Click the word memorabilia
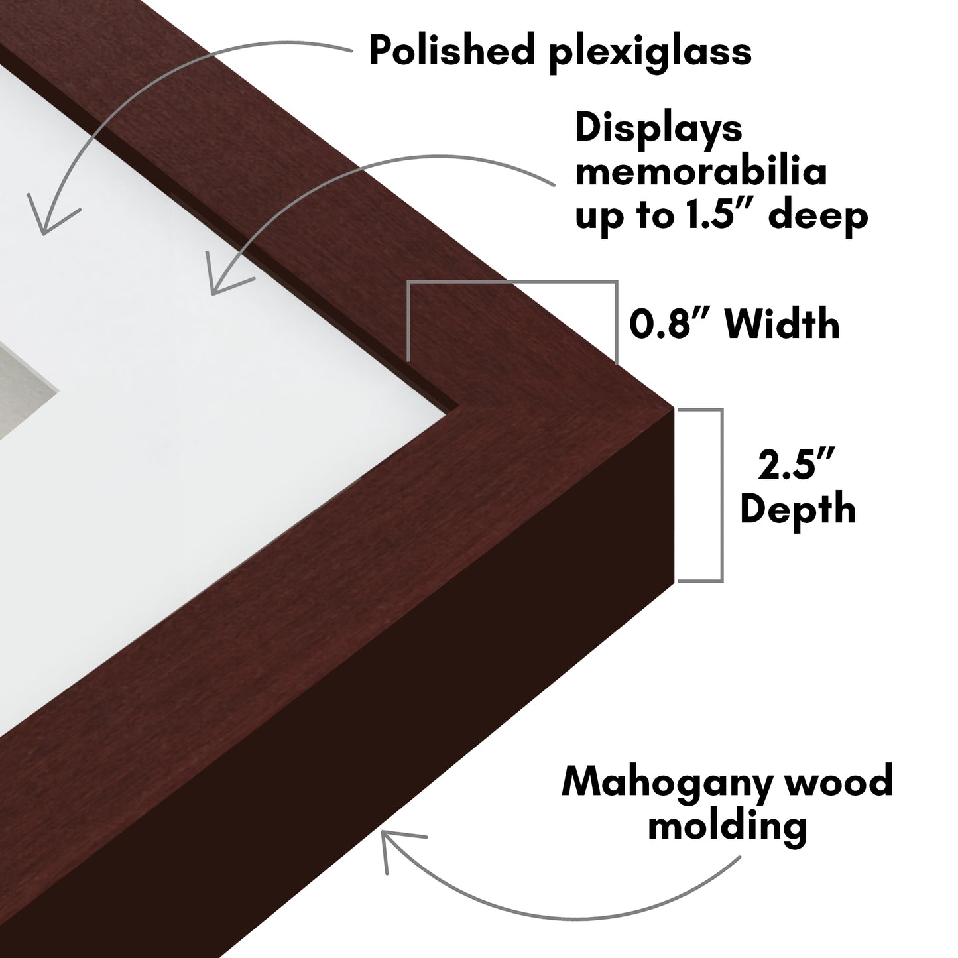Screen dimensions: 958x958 [x=701, y=172]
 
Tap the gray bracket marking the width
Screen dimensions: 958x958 [x=512, y=282]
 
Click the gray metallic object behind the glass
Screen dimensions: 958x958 [x=25, y=392]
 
